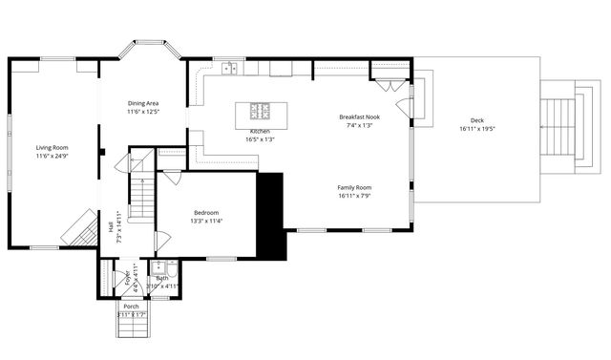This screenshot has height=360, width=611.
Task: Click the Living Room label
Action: click(x=53, y=147)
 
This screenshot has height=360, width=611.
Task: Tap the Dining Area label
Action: click(x=143, y=102)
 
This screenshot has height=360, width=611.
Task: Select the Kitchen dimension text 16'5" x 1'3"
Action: click(x=260, y=139)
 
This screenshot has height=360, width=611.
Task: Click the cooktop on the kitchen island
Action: click(x=261, y=110)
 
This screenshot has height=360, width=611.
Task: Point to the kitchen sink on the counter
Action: click(x=229, y=68)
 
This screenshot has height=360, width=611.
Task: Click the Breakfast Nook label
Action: click(x=360, y=116)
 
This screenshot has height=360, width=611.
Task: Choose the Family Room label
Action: click(x=354, y=187)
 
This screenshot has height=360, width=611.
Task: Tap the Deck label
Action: click(x=477, y=119)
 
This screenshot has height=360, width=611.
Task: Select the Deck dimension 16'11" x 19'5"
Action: click(x=477, y=128)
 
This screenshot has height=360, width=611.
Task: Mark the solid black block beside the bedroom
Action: click(x=272, y=215)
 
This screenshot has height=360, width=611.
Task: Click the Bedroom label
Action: click(x=206, y=212)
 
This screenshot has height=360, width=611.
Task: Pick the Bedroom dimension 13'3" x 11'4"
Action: click(x=206, y=221)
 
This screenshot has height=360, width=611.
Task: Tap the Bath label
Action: click(x=162, y=278)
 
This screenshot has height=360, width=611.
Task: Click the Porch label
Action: click(x=131, y=306)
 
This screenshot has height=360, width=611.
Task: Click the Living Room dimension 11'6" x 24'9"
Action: click(x=53, y=156)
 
